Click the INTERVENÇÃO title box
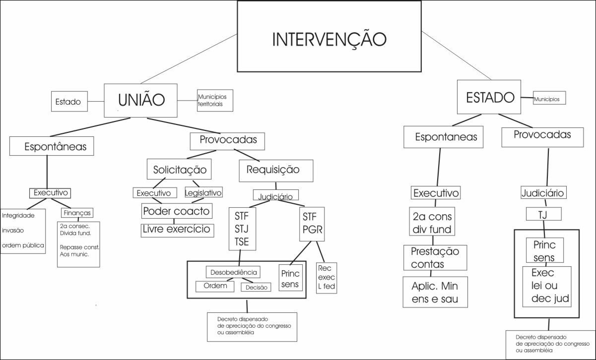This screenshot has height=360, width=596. [x=329, y=36]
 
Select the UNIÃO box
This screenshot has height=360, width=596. [x=141, y=100]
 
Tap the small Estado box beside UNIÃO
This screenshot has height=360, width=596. [x=69, y=102]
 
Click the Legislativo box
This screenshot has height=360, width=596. [x=203, y=192]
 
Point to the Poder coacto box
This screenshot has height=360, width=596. [x=176, y=211]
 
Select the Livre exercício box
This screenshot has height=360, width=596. [x=178, y=230]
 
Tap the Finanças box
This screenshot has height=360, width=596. [x=77, y=212]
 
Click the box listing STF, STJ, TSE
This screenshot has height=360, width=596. [x=242, y=228]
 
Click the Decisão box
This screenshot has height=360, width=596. [x=256, y=287]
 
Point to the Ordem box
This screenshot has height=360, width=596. [x=215, y=286]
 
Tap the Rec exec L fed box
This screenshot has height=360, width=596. [x=327, y=278]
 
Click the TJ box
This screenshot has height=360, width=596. [x=543, y=214]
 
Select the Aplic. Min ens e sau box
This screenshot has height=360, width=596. [x=435, y=292]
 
